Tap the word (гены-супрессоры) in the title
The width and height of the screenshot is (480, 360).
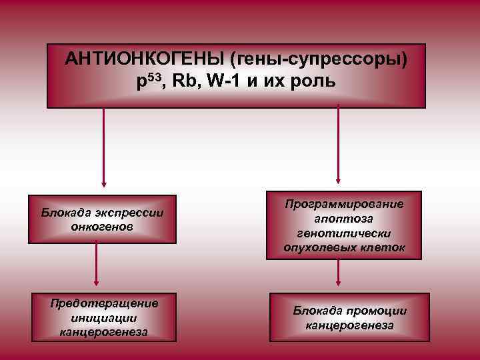319,59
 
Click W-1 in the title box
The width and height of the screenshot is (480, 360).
222,81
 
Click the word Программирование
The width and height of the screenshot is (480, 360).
344,205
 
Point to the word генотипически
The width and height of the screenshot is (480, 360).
345,233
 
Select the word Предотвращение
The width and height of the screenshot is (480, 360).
104,304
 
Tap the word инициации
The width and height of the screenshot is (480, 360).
103,318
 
